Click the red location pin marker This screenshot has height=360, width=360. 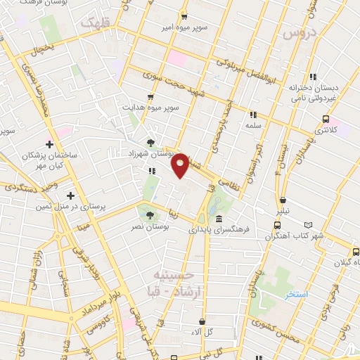click(181, 165)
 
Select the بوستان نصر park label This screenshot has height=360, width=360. click(149, 227)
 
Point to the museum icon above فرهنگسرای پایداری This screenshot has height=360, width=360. click(219, 217)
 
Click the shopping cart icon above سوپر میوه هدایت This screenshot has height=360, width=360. click(150, 97)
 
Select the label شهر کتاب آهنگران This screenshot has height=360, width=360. click(297, 236)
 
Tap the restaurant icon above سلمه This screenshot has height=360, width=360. click(252, 114)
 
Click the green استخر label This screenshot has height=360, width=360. click(296, 293)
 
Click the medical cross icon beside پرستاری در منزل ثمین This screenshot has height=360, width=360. click(70, 195)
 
